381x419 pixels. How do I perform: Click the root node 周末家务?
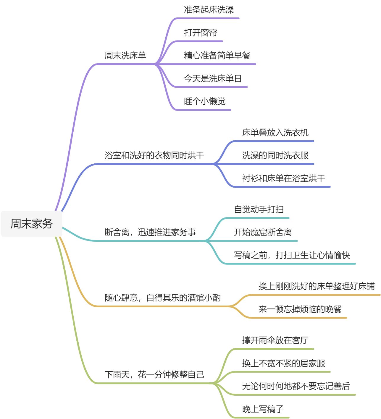[31, 224]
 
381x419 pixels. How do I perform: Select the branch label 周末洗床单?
[125, 55]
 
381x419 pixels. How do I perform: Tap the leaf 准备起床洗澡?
[209, 10]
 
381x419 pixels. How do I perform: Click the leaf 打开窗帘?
[200, 33]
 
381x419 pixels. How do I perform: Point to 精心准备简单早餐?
[217, 55]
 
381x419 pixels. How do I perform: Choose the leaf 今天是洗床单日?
[213, 78]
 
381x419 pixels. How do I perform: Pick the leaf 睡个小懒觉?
[204, 101]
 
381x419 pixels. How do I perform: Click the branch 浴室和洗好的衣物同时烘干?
[154, 155]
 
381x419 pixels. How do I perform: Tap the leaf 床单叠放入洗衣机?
[275, 133]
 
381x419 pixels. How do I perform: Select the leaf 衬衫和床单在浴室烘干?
[283, 178]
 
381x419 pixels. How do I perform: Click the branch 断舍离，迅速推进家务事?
[150, 232]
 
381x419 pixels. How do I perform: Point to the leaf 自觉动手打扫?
[259, 209]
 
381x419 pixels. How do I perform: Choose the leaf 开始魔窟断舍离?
[263, 232]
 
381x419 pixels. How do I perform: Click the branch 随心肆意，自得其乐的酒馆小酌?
[162, 298]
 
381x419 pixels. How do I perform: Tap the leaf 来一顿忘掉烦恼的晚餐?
[300, 309]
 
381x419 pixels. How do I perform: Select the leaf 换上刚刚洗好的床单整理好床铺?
[317, 286]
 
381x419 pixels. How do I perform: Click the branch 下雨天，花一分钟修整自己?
[154, 375]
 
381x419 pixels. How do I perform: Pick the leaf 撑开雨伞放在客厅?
[275, 340]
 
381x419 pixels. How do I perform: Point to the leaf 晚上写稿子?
[263, 409]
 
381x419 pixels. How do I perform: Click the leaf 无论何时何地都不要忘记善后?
[296, 386]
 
